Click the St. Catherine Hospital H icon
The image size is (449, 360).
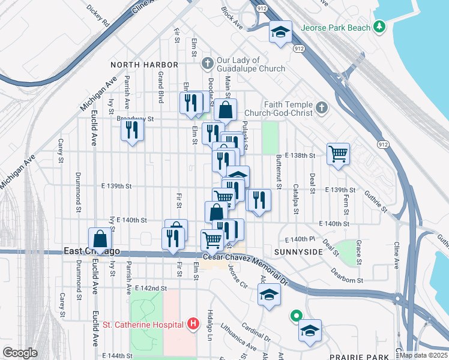[x=193, y=325]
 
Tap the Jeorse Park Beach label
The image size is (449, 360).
[x=335, y=28]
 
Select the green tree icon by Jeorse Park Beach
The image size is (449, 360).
[x=379, y=27]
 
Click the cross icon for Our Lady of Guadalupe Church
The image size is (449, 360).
[x=208, y=63]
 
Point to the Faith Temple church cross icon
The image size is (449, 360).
[x=321, y=108]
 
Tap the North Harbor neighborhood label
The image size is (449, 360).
[x=144, y=64]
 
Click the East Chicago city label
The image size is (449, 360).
[x=92, y=251]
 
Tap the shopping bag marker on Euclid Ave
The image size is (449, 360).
[x=100, y=238]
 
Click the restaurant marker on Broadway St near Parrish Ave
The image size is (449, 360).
[x=132, y=130]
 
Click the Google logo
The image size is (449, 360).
[x=20, y=353]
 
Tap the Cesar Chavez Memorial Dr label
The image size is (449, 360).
[x=246, y=257]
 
